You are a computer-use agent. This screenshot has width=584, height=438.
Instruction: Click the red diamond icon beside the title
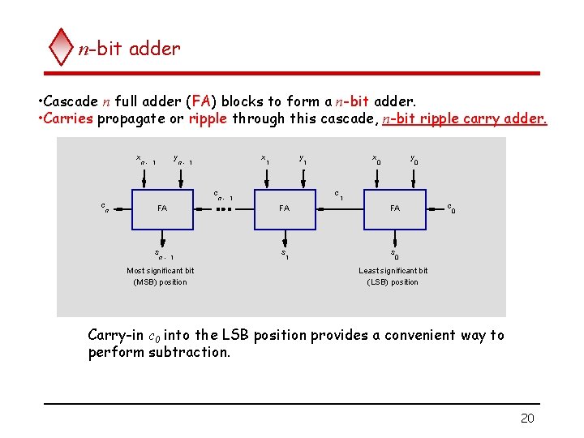point(62,47)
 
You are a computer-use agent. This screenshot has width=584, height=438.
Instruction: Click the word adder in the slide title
point(154,49)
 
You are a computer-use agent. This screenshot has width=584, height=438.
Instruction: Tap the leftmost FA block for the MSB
point(162,208)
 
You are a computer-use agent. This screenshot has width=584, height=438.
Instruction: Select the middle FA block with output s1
point(285,208)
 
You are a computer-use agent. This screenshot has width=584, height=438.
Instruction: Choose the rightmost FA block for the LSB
point(395,208)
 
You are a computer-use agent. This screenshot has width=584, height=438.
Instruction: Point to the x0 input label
point(376,159)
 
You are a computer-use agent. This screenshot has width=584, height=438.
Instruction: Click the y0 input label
point(414,159)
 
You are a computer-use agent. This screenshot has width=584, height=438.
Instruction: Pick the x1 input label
point(264,159)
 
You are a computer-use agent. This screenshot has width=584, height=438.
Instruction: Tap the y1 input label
point(302,159)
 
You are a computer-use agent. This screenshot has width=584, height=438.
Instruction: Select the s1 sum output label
point(285,254)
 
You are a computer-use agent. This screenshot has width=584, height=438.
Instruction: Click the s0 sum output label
point(394,254)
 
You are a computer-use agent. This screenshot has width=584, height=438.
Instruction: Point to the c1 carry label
point(338,195)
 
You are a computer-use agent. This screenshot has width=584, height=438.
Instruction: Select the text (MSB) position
point(160,282)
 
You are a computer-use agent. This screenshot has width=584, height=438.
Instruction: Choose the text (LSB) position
point(393,282)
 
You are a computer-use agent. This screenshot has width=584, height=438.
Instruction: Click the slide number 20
point(527,419)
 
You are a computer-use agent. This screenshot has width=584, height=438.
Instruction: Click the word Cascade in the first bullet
point(71,101)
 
